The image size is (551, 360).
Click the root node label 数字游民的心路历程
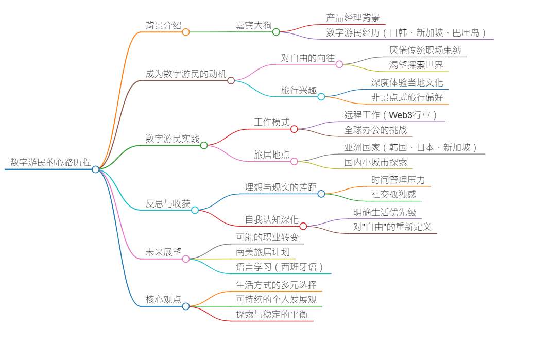(50, 162)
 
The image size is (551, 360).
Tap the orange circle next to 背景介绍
(186, 32)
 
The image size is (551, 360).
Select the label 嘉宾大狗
(253, 25)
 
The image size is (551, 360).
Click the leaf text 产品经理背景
(353, 18)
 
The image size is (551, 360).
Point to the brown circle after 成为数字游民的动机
(231, 80)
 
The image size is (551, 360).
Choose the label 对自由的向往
(307, 58)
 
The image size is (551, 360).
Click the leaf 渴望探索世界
(416, 65)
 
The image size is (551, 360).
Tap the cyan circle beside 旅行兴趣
(321, 96)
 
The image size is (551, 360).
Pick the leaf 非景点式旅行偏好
(407, 97)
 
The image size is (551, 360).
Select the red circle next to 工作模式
(294, 129)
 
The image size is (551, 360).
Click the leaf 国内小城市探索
(375, 162)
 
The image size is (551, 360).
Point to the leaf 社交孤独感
(393, 194)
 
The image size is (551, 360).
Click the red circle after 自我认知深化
(303, 226)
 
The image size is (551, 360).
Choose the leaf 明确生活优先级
(385, 212)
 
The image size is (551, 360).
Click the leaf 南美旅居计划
(263, 252)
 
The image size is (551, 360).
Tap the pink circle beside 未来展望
(186, 259)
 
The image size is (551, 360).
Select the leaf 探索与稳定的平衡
(271, 314)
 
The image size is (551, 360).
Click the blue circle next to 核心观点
(186, 306)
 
